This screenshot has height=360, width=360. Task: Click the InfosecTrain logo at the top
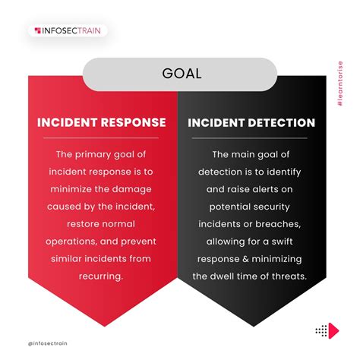[68, 31]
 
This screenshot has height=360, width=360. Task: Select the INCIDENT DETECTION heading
[251, 122]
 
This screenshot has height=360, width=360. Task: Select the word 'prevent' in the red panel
[136, 242]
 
